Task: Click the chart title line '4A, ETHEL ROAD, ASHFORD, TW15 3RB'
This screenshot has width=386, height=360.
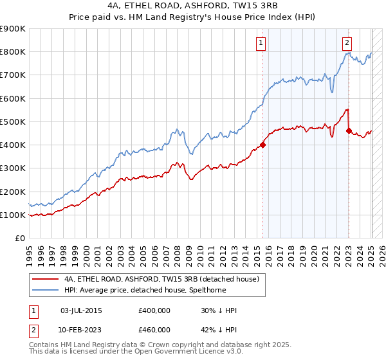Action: [x=192, y=6]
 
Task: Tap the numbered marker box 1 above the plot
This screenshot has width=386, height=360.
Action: [x=261, y=43]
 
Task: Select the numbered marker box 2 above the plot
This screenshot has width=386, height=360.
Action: [x=347, y=43]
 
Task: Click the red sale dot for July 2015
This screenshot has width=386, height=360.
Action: [x=263, y=145]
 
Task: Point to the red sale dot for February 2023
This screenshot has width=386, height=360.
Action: [x=349, y=130]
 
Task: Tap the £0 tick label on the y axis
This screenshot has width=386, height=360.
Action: [x=21, y=239]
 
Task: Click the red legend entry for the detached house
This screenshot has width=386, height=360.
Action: [x=161, y=280]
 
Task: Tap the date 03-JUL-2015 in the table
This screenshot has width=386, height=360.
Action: [x=80, y=310]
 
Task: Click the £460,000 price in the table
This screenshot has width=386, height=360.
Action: [x=154, y=330]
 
